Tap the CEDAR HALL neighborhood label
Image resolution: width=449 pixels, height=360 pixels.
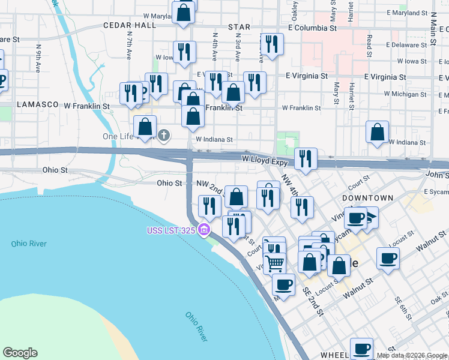(x=130, y=25)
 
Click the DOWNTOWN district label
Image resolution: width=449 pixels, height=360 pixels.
(x=367, y=198)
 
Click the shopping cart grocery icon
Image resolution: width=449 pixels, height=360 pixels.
(x=274, y=262)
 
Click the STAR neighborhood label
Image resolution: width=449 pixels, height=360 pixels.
(x=239, y=28)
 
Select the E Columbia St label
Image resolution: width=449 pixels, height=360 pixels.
(x=320, y=28)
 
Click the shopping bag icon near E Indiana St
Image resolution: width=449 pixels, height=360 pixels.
(x=377, y=133)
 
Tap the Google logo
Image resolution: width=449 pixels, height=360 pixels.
(x=20, y=353)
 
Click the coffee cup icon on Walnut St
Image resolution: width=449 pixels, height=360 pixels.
(x=388, y=259)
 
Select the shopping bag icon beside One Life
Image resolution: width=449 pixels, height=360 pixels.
(x=145, y=127)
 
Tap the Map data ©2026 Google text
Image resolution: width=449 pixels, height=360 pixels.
(x=411, y=355)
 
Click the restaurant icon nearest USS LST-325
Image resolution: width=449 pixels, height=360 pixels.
(x=233, y=226)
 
